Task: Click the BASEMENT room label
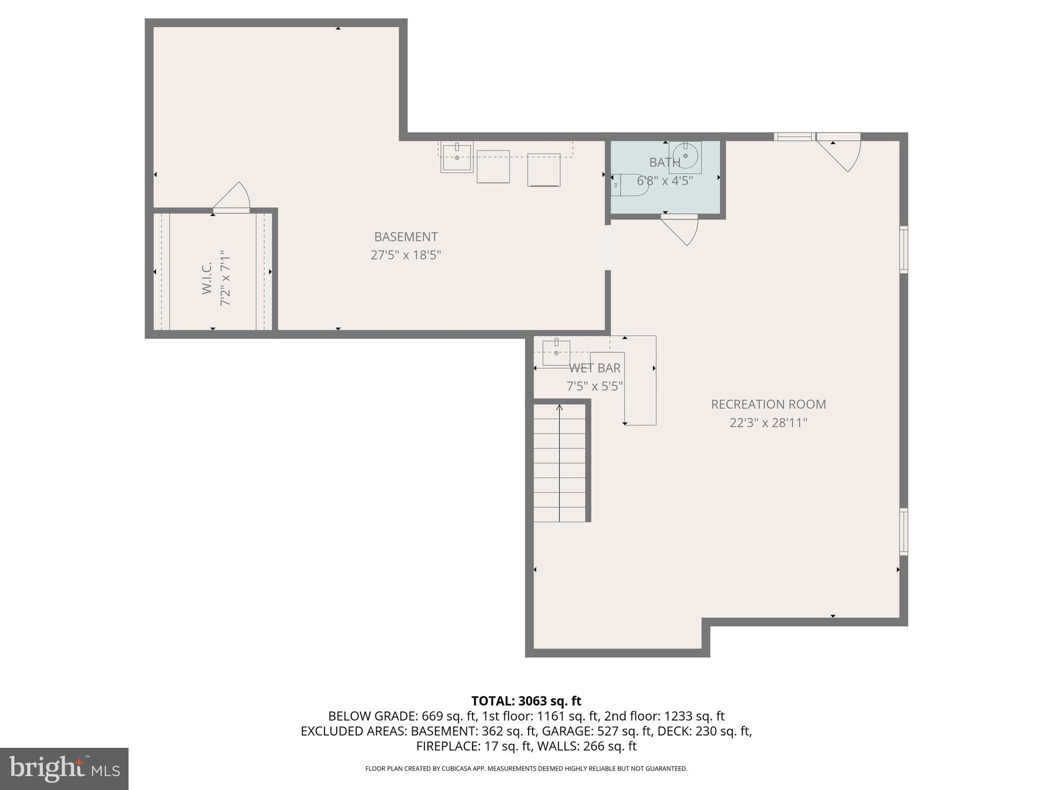(x=406, y=237)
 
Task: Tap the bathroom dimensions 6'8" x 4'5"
(x=665, y=181)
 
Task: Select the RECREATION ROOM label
(x=768, y=404)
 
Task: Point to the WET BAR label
(x=595, y=368)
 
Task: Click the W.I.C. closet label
(x=207, y=278)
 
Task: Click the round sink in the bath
(x=685, y=155)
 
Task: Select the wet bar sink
(x=556, y=352)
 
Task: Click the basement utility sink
(x=457, y=157)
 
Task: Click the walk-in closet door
(x=232, y=198)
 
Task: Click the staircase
(x=559, y=463)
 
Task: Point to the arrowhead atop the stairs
(x=559, y=408)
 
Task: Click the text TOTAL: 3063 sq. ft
(x=526, y=701)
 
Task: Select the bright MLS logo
(x=64, y=769)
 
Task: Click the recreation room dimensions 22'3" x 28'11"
(x=768, y=423)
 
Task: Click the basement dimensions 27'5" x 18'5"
(x=406, y=255)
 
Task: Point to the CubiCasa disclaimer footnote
(x=526, y=769)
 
